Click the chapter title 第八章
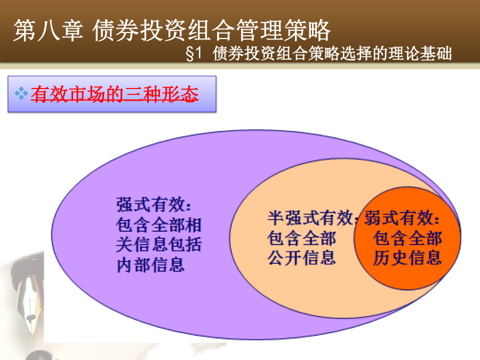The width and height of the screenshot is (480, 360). tap(48, 30)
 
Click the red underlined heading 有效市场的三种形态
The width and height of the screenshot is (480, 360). tap(115, 94)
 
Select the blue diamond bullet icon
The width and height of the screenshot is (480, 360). tap(21, 93)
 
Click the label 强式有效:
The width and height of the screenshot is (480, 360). tap(154, 204)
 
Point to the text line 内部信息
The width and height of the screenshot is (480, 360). tap(150, 265)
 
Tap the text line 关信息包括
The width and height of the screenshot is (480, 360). tap(159, 245)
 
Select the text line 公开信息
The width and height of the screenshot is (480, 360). tap(301, 258)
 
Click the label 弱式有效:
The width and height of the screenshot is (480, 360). tap(402, 218)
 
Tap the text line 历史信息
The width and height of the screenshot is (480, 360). tap(407, 258)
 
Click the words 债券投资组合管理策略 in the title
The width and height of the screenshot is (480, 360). tap(211, 30)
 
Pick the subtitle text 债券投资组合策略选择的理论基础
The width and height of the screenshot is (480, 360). tap(332, 53)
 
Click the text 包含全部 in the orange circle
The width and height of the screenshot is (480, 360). tap(407, 238)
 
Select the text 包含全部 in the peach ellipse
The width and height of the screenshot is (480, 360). tap(301, 238)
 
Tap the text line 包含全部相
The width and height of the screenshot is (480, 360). tap(159, 225)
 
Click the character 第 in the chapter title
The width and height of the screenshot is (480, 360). tap(25, 30)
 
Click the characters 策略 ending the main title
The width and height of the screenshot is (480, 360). tap(307, 30)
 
